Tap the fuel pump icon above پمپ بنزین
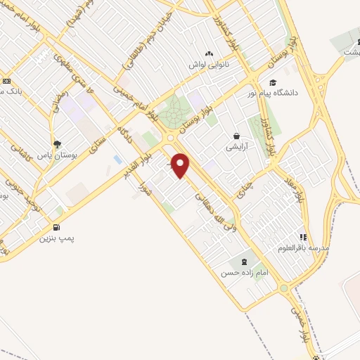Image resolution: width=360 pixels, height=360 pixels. point(56,227)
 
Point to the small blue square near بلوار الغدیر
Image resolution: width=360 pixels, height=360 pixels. point(117,160)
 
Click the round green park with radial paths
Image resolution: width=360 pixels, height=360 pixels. point(173,112)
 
